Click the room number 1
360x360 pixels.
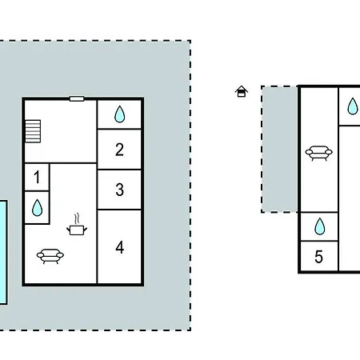[x=37, y=178]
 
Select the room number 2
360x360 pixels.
[x=119, y=150]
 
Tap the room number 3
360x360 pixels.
[x=120, y=190]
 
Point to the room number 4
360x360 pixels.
[x=120, y=247]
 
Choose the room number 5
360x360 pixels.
[x=318, y=257]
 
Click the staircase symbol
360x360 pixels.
[x=33, y=131]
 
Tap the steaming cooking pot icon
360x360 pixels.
[x=77, y=224]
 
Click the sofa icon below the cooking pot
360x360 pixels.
[x=50, y=256]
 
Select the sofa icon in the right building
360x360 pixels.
[x=319, y=153]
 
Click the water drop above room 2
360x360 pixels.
[x=119, y=114]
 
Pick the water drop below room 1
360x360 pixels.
[x=37, y=208]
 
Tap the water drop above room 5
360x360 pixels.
[x=319, y=226]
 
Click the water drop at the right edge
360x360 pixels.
[x=353, y=106]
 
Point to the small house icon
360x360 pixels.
[x=242, y=91]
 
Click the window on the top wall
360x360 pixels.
[x=77, y=99]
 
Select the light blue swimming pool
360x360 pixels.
[x=3, y=252]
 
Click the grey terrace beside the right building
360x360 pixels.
[x=280, y=149]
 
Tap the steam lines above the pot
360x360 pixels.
[x=77, y=218]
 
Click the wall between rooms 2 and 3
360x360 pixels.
[x=119, y=170]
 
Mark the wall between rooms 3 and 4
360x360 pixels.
[x=119, y=210]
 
